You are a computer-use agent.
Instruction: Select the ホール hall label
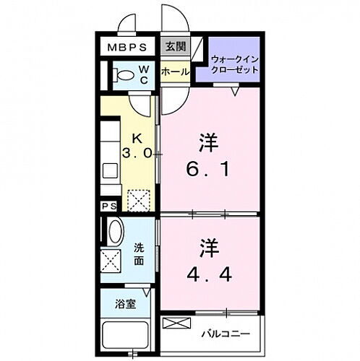coord(174,72)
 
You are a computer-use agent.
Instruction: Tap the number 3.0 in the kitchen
coord(138,153)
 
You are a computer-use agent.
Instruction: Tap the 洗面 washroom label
coord(140,253)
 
